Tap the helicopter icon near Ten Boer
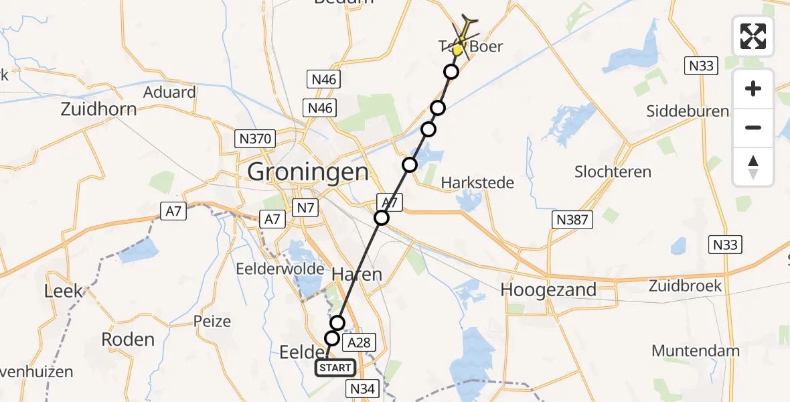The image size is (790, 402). point(465,30)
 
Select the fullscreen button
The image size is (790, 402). point(753,36)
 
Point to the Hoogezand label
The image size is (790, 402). point(548,289)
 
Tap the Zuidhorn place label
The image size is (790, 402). point(98,109)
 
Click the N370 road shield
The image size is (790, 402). point(255,139)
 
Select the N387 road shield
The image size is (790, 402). point(572,218)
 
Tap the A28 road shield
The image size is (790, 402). point(357,342)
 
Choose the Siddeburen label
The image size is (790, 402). point(688,111)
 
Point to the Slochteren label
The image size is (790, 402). point(613,172)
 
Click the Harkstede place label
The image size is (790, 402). point(477,182)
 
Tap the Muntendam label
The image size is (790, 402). point(695,350)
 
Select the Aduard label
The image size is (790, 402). point(169,92)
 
